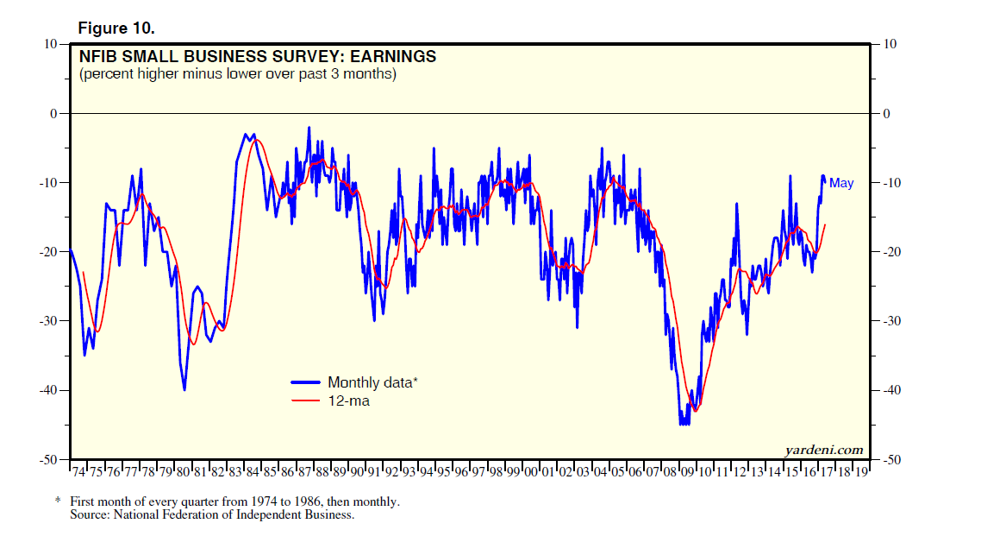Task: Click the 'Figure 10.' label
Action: [116, 28]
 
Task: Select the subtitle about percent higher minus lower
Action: [238, 74]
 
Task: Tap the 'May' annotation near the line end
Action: [841, 183]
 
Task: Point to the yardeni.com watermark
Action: [824, 449]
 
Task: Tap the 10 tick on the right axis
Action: [891, 44]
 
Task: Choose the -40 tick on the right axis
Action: [895, 390]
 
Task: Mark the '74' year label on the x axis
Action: [78, 473]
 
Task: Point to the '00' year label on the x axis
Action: [531, 473]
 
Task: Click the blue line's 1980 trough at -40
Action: [184, 389]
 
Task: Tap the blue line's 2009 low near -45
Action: [684, 423]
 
